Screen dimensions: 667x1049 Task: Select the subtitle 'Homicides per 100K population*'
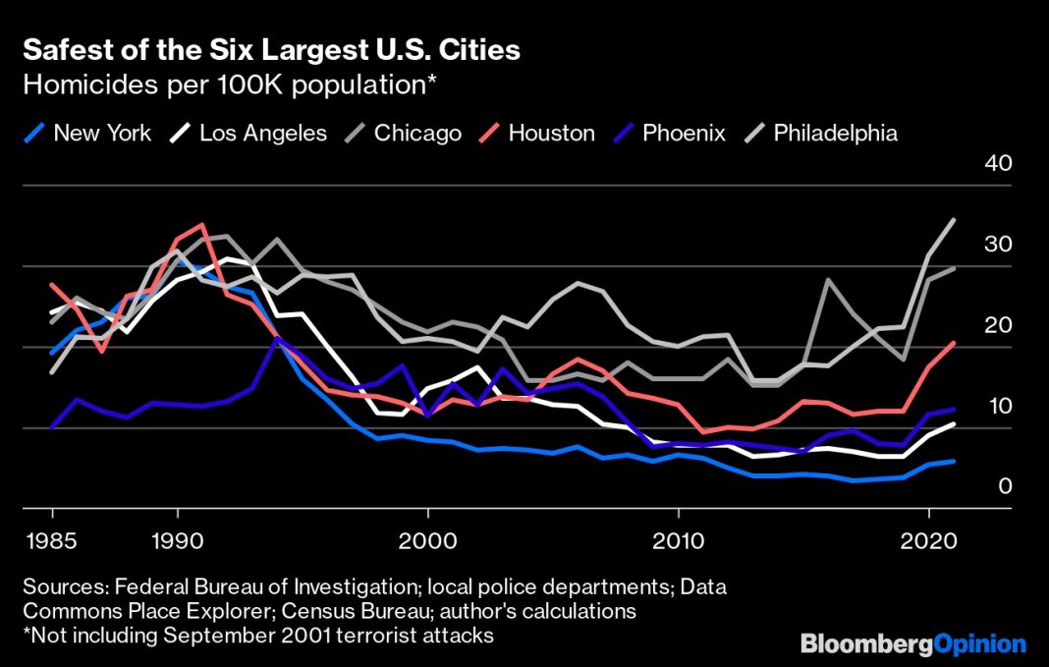tap(229, 84)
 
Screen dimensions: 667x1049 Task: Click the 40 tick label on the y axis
tap(998, 163)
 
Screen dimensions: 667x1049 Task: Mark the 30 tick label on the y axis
tap(998, 245)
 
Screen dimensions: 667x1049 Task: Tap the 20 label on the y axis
tap(998, 325)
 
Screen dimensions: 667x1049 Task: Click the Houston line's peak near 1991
tap(202, 225)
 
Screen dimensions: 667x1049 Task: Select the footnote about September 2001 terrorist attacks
tap(258, 636)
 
